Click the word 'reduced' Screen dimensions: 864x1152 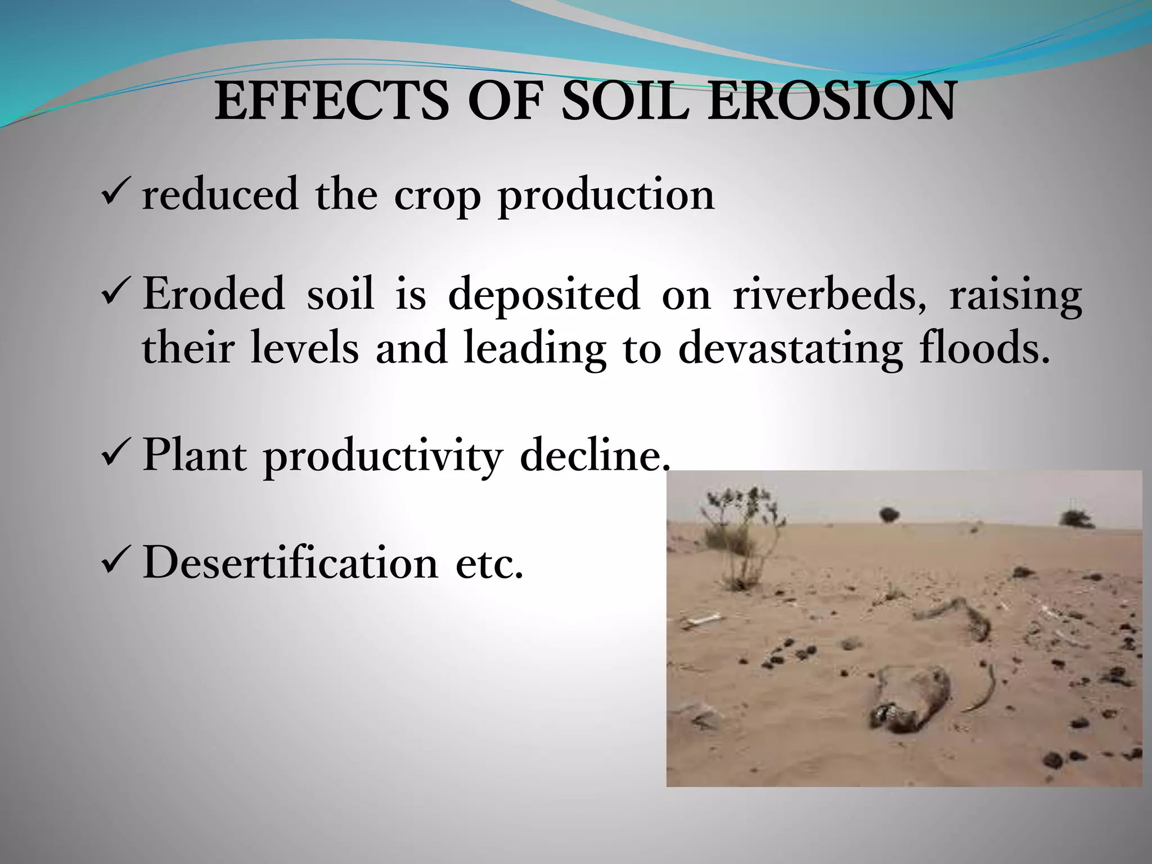pos(220,195)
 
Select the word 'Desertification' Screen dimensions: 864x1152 pos(290,563)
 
